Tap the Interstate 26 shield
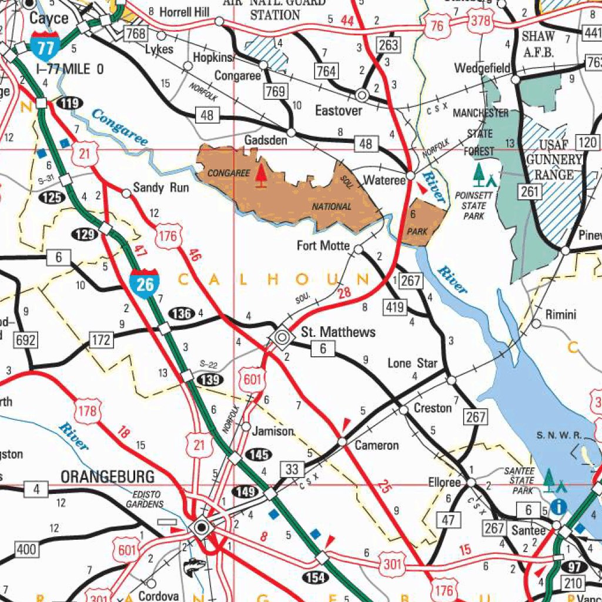point(144,283)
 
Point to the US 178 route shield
point(88,410)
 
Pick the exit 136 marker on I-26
point(182,313)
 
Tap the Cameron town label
point(376,445)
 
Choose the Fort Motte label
point(323,245)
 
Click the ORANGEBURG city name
point(108,476)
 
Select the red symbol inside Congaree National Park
point(261,176)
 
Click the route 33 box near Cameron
point(292,469)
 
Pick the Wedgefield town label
point(481,69)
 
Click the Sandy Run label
point(161,188)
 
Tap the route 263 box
point(388,45)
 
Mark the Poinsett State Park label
point(474,206)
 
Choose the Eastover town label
point(339,111)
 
